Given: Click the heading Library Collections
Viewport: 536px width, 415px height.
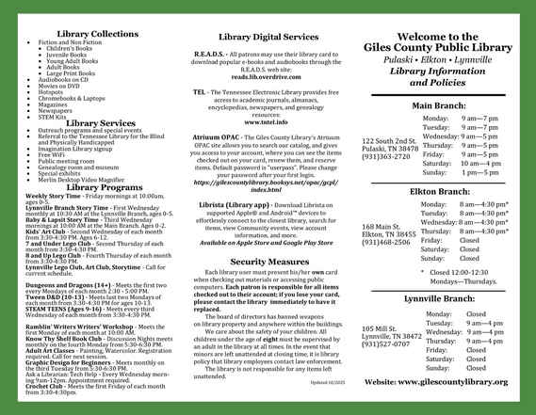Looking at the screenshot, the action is (x=98, y=34).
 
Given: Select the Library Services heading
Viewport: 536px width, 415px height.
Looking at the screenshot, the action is (x=99, y=123).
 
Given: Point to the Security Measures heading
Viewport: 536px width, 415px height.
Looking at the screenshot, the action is (x=269, y=261).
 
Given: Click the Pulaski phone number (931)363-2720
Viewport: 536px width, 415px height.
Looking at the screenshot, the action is (x=387, y=157).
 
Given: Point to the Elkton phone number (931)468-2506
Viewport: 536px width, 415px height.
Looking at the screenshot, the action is (x=387, y=243).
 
